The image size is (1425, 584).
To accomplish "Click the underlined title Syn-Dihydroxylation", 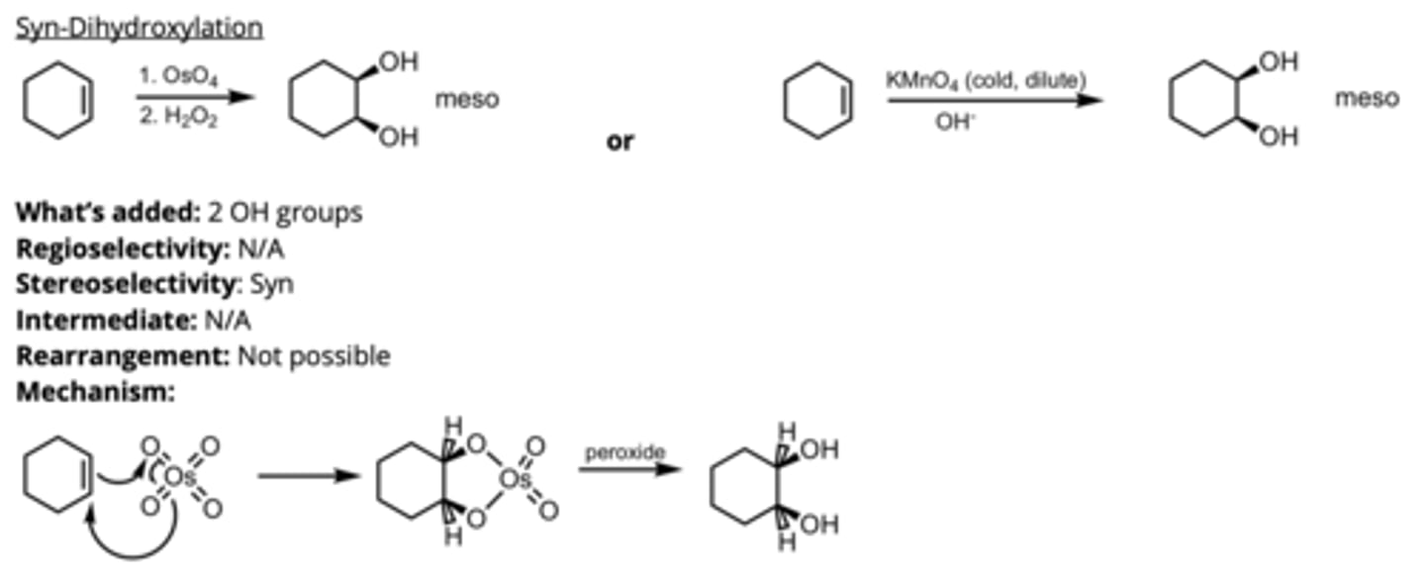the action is point(140,27).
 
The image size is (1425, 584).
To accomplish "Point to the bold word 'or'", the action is point(620,142).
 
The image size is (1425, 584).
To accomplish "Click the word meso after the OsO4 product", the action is point(467,99).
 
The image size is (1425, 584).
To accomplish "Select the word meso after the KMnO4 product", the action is point(1367,98).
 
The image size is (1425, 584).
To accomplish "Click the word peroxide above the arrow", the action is point(625,452).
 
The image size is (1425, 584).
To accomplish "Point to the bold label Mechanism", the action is point(95,392).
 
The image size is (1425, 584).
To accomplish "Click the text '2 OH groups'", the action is point(285,213).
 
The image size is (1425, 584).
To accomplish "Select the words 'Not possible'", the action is point(314,355).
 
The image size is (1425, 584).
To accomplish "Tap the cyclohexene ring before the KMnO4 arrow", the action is point(817,100).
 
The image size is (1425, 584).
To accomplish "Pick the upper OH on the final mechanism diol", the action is point(818,450).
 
